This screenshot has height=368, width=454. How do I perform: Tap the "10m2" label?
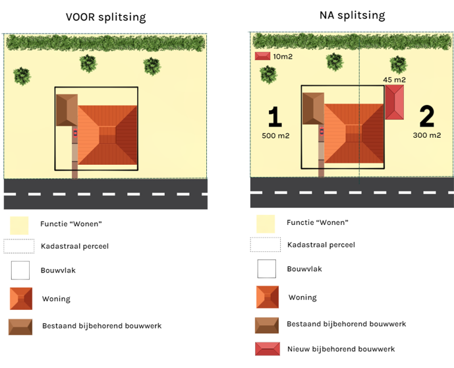(283, 57)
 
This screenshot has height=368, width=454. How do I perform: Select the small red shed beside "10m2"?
(263, 57)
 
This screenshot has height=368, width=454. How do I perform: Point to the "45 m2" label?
(394, 80)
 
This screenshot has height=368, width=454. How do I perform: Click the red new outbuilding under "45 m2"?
(395, 103)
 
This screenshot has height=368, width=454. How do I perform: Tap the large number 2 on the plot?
(426, 117)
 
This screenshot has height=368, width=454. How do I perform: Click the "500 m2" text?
(275, 136)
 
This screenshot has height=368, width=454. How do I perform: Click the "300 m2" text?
(427, 135)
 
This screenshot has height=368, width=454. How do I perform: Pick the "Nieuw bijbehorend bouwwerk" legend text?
(341, 349)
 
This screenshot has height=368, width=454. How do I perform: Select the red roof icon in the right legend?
(266, 349)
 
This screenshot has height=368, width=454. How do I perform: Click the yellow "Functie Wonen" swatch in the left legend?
(20, 224)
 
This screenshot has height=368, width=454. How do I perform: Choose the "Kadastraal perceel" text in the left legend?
(74, 246)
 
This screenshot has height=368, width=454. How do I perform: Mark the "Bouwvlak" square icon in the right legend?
(266, 269)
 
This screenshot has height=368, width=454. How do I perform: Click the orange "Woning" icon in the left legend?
(20, 299)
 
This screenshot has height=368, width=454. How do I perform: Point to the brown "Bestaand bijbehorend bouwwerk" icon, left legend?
(20, 326)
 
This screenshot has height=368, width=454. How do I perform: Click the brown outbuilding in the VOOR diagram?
(66, 110)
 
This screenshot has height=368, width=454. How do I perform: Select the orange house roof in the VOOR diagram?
(108, 135)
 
